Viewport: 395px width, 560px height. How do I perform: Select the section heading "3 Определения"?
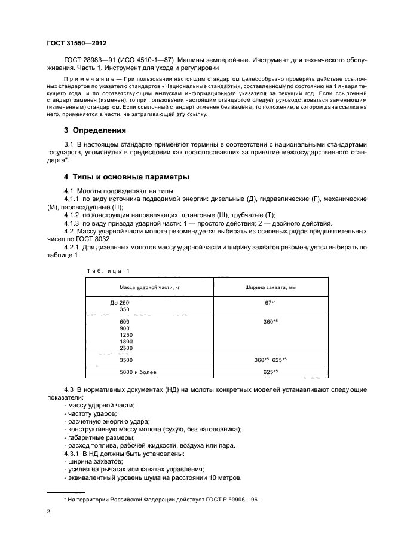95,130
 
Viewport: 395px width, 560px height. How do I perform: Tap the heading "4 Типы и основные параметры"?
127,178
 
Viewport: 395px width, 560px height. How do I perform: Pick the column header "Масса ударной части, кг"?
149,288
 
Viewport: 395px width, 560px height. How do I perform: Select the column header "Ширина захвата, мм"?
271,288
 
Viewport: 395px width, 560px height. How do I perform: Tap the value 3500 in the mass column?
126,360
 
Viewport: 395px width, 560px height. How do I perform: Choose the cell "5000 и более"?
137,372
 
